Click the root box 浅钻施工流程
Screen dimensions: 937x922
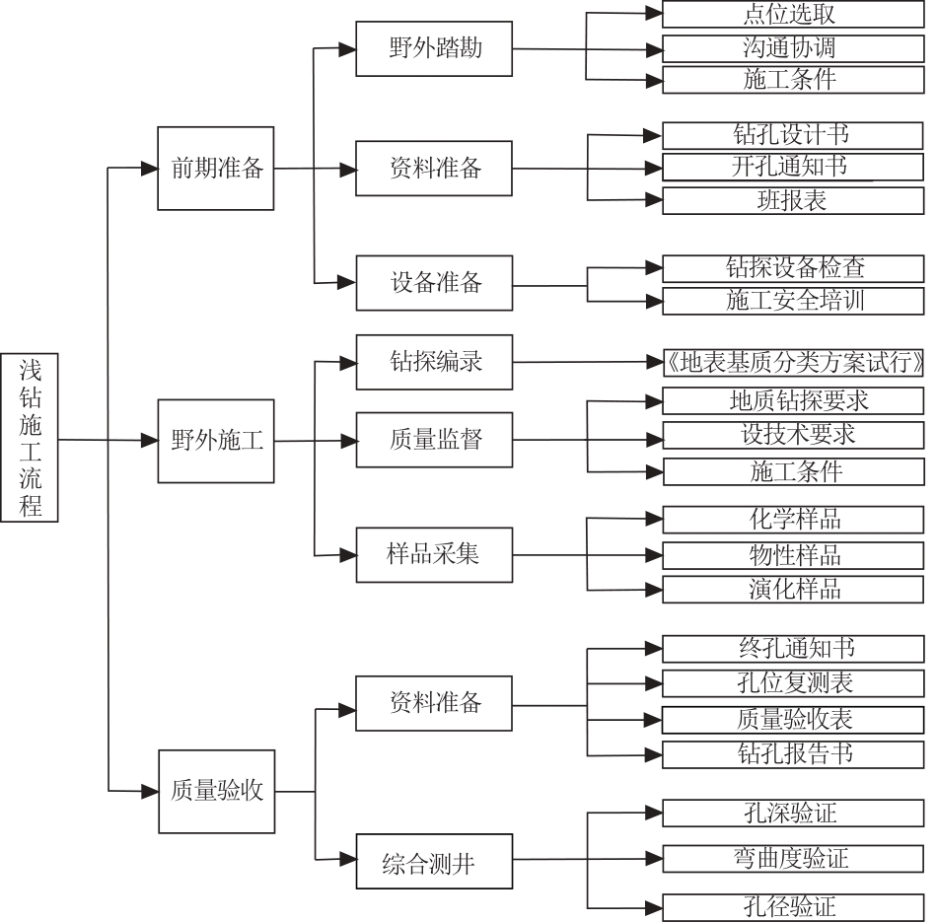[x=30, y=438]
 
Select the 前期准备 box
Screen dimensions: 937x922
[x=216, y=169]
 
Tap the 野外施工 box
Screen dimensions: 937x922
[x=216, y=441]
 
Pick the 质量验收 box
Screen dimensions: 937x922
[x=216, y=792]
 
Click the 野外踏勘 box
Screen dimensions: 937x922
[x=434, y=49]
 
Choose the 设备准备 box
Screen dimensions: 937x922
[x=434, y=283]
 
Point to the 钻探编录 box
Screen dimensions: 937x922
[x=434, y=362]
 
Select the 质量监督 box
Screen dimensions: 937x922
[x=434, y=440]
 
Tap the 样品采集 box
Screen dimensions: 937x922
[x=434, y=554]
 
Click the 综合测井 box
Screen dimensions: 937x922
[x=434, y=861]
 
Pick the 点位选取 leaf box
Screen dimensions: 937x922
[x=793, y=15]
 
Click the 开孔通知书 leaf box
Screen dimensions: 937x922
[x=793, y=168]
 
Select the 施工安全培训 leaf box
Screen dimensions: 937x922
[x=793, y=301]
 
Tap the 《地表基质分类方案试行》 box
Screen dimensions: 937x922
[x=793, y=363]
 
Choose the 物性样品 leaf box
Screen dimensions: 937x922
[x=793, y=556]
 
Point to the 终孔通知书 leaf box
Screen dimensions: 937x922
[x=793, y=649]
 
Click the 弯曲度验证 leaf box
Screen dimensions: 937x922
[x=793, y=859]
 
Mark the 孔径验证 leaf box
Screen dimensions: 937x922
[x=793, y=907]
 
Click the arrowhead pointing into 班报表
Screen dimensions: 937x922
[x=653, y=200]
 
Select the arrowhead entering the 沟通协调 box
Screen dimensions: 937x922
[x=653, y=49]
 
